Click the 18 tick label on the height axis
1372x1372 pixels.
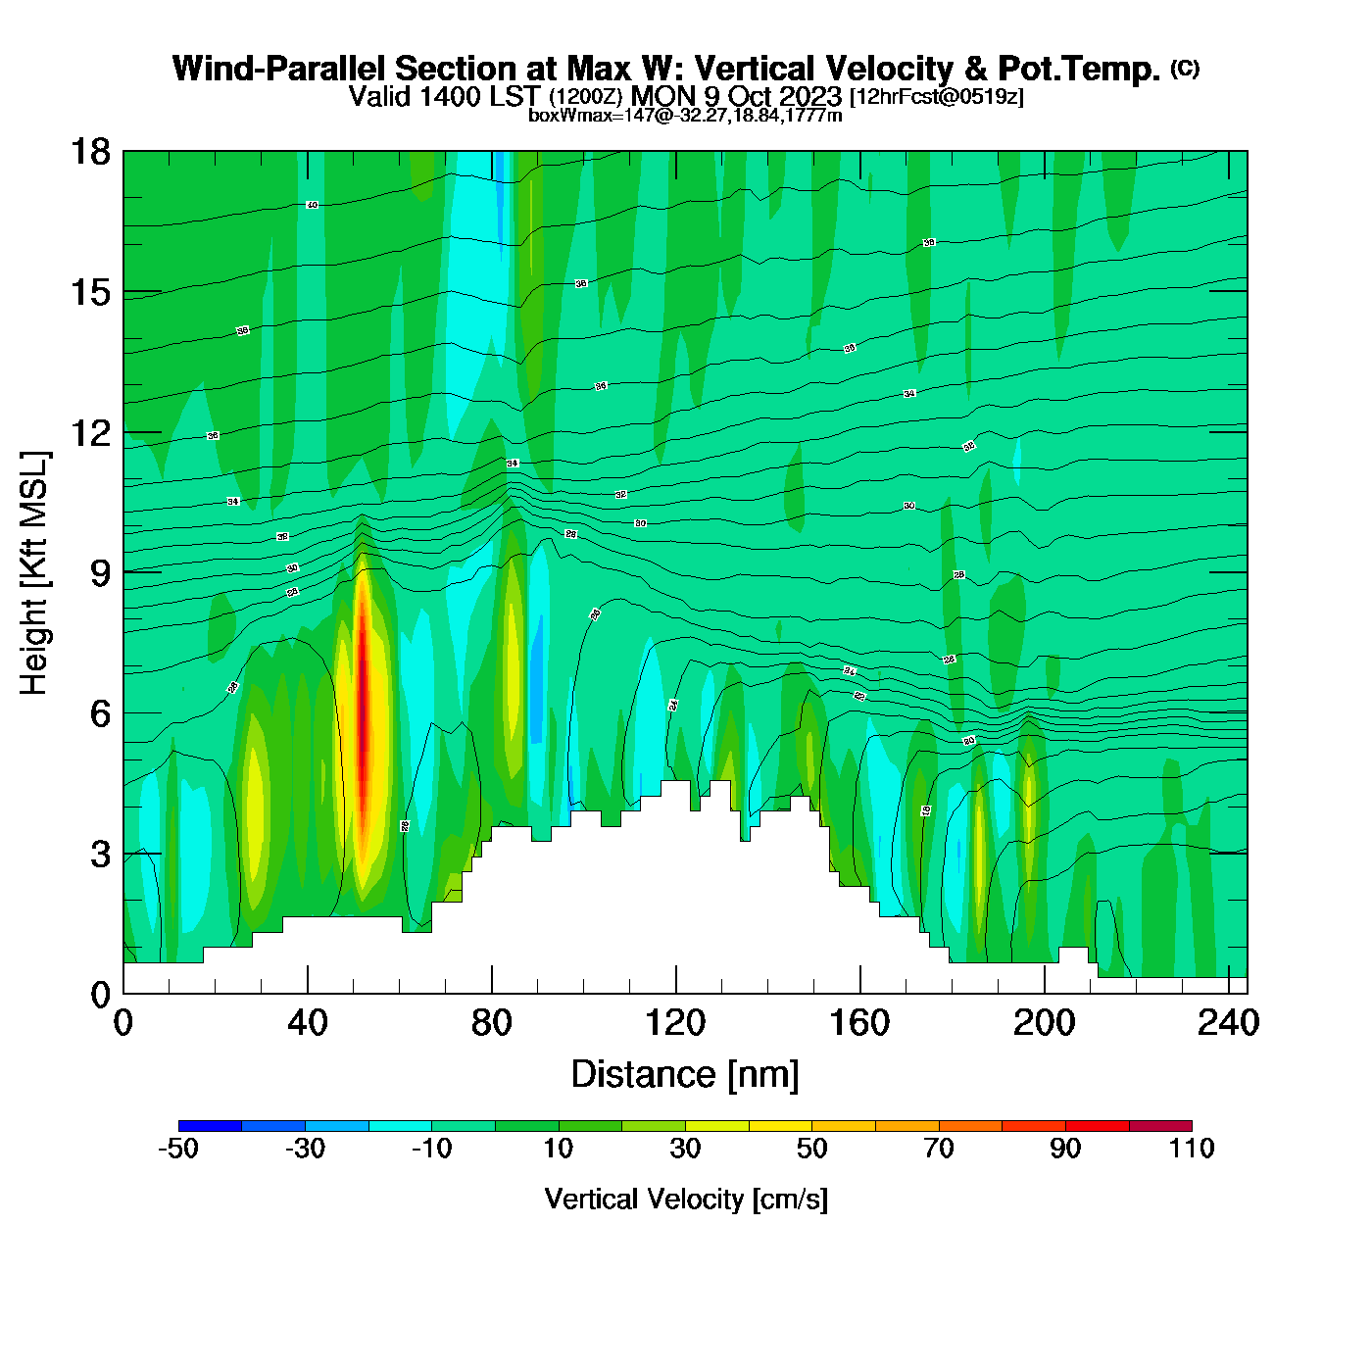(x=89, y=152)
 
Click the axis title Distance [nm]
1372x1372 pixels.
(x=685, y=1075)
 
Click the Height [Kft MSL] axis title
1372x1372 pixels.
(x=34, y=573)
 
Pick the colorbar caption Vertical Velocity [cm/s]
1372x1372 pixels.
(x=686, y=1200)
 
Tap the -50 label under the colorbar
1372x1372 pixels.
(x=178, y=1149)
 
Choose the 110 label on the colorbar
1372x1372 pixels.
(x=1192, y=1149)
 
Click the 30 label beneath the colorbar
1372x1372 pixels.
(x=685, y=1149)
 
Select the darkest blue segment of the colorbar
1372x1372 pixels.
(x=210, y=1126)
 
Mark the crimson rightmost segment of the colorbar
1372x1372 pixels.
(x=1160, y=1126)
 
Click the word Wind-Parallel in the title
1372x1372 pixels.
(x=280, y=69)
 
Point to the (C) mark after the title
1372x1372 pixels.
(x=1185, y=68)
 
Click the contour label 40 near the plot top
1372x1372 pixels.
(x=312, y=205)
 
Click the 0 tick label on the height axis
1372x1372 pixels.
(x=100, y=995)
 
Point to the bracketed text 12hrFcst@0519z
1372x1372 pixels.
(x=937, y=97)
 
